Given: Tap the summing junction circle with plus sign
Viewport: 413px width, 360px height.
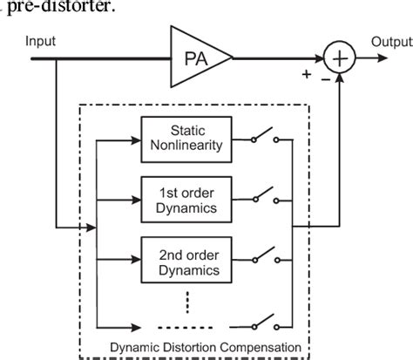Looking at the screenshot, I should [338, 58].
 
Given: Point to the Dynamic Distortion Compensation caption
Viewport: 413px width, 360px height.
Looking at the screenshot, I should [206, 347].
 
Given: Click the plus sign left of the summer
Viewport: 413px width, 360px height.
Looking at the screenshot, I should [307, 75].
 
